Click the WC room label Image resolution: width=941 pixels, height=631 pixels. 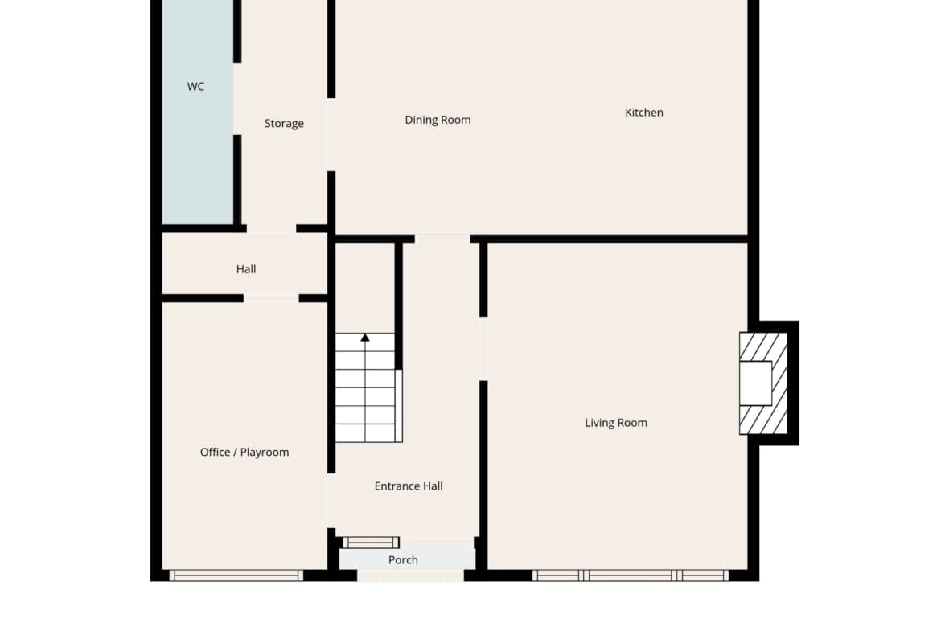click(x=195, y=87)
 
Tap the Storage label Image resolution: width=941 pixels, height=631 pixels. click(x=284, y=124)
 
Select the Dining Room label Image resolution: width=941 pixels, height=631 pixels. click(x=438, y=120)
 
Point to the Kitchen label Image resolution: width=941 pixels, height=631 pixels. click(x=644, y=113)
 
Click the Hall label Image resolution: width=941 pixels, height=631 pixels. click(x=246, y=269)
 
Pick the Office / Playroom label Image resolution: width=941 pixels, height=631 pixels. click(x=244, y=453)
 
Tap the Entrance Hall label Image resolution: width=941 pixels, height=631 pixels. click(x=409, y=486)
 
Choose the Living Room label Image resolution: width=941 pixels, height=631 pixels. click(x=616, y=423)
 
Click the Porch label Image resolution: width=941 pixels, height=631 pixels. click(x=403, y=560)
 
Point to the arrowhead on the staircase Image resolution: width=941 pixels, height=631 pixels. click(x=365, y=338)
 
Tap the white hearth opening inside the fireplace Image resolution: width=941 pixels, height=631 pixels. click(x=755, y=383)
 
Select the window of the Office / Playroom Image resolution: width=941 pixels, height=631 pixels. click(x=236, y=576)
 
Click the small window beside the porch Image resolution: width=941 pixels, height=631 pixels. click(x=371, y=543)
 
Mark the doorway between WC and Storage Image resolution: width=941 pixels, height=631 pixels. click(x=237, y=99)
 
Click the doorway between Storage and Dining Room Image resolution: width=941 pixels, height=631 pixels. click(x=331, y=135)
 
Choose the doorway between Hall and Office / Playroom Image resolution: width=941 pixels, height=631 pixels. click(x=271, y=298)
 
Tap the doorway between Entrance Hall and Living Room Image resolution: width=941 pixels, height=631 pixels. click(x=483, y=349)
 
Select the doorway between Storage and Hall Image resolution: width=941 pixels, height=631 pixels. click(x=271, y=228)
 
